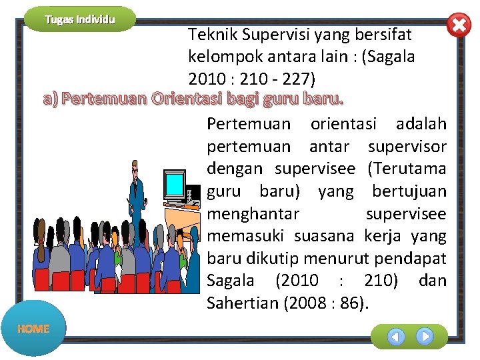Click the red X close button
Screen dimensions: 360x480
click(x=458, y=25)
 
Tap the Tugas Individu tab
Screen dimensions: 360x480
click(x=80, y=19)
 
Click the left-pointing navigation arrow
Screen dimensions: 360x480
click(x=396, y=337)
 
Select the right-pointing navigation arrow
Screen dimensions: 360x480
click(x=425, y=336)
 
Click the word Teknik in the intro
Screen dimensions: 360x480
click(x=208, y=34)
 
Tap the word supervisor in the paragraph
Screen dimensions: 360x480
click(x=407, y=147)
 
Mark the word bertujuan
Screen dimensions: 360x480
click(x=409, y=192)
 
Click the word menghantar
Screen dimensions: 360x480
click(x=253, y=214)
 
